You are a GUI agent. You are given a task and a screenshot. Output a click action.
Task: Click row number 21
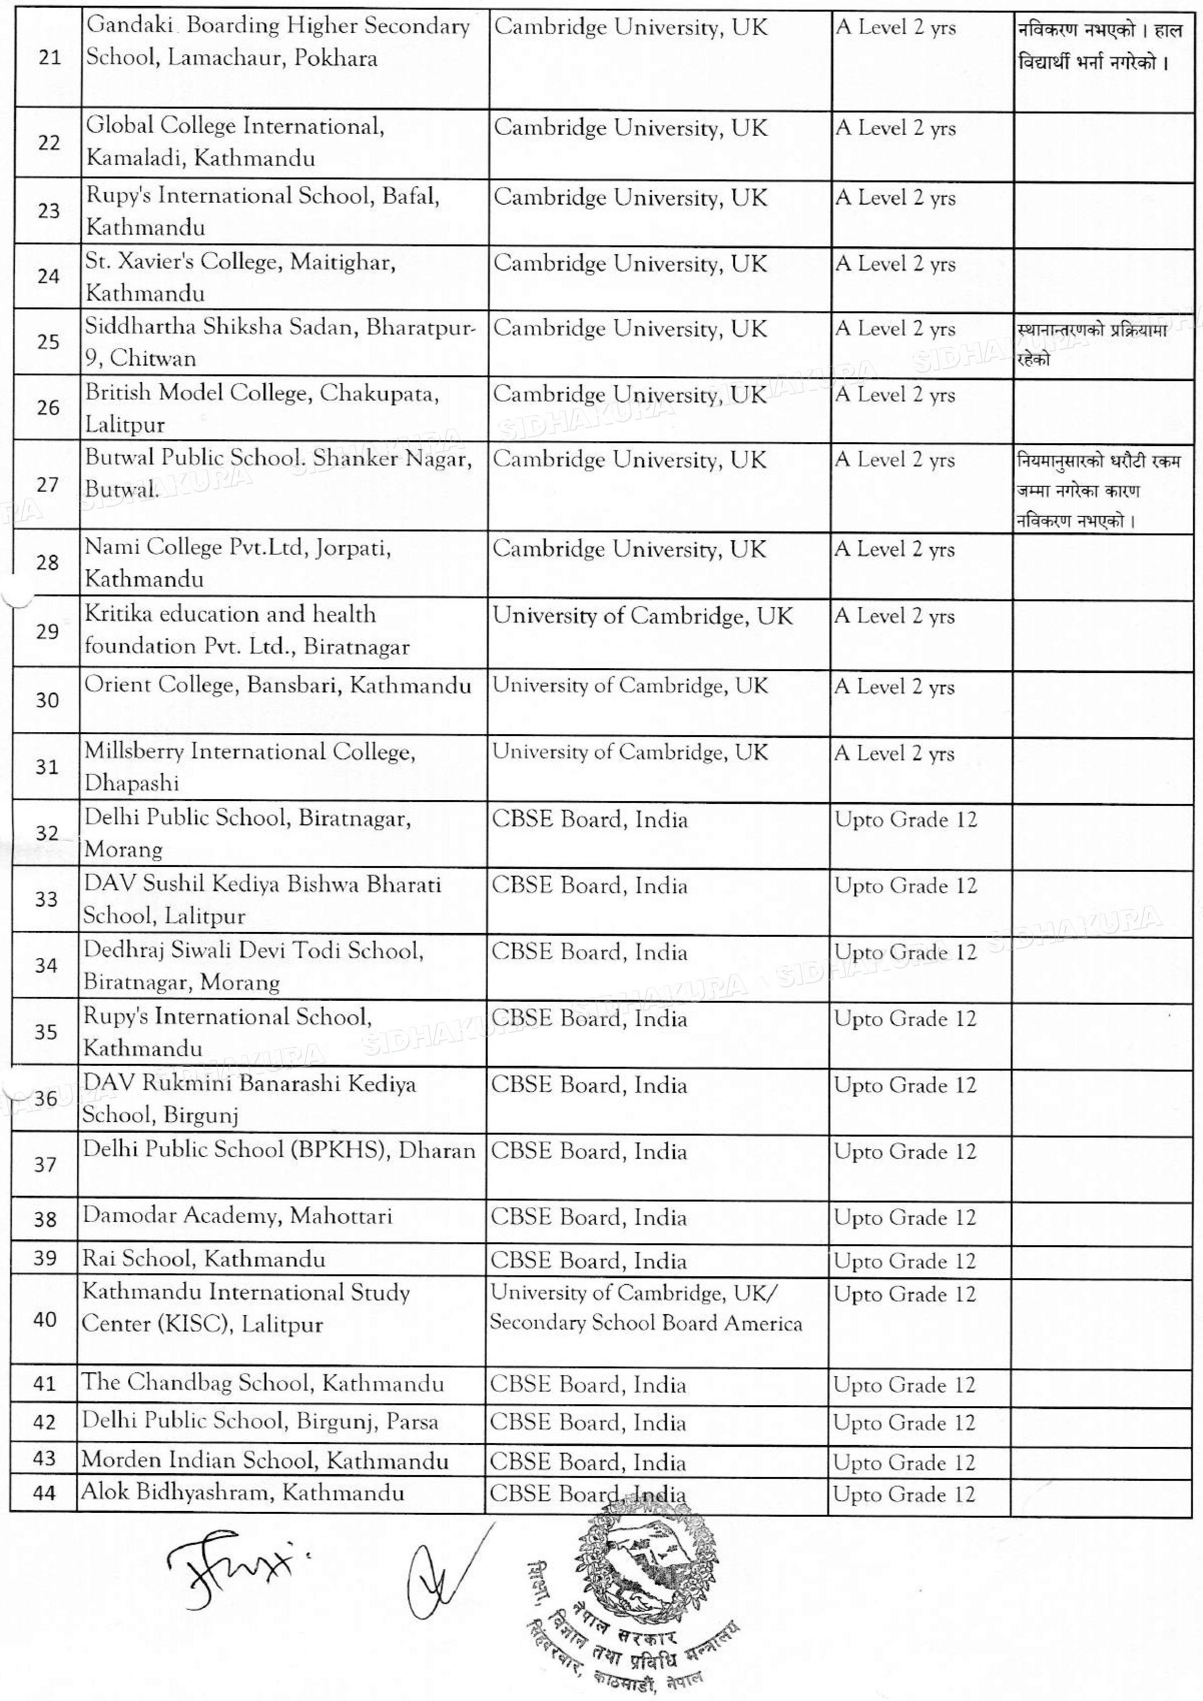(49, 57)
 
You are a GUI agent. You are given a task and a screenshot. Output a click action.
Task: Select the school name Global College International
(235, 126)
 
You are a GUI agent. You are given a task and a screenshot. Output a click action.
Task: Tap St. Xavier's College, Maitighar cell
(240, 277)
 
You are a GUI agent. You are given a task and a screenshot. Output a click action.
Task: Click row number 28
(48, 563)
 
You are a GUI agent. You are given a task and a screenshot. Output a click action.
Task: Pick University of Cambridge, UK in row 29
(643, 616)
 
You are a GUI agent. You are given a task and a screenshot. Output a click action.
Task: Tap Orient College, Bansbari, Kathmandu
(277, 685)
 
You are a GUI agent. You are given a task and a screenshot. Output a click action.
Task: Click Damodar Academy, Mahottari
(237, 1216)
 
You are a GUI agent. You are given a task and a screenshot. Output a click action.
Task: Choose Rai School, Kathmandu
(203, 1259)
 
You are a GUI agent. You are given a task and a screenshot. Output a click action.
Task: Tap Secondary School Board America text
(645, 1323)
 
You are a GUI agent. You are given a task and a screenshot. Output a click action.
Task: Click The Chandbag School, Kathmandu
(263, 1382)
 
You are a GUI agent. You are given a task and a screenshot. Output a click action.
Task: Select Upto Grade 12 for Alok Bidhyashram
(904, 1493)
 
